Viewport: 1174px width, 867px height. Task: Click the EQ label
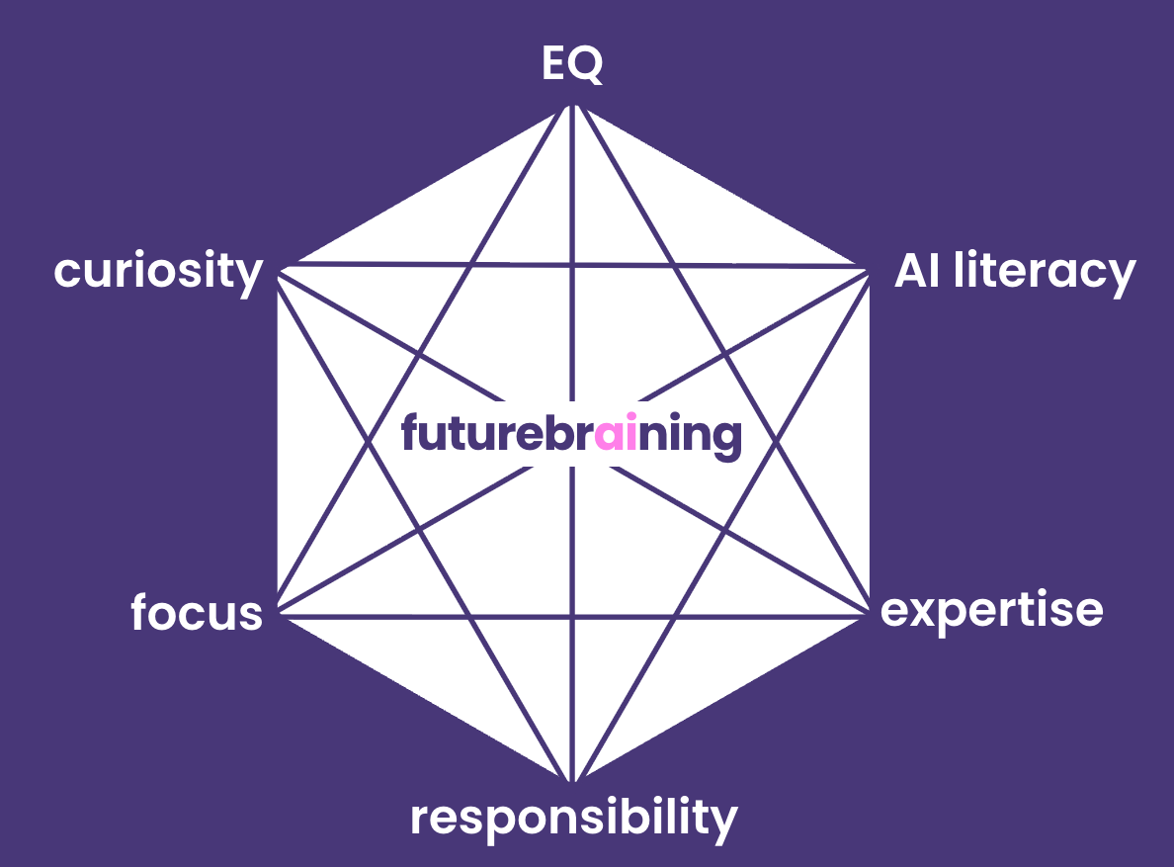point(571,65)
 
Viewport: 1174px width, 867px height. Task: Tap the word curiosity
point(158,271)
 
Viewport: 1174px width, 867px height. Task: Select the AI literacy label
point(1015,272)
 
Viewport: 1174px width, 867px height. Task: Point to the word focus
point(197,613)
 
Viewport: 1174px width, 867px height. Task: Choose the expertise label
point(991,611)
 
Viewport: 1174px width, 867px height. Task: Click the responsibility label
point(574,819)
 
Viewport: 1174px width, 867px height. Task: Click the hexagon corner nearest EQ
point(571,103)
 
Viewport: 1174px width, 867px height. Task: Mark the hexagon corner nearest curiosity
point(281,268)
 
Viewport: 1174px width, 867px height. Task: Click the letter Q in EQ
point(586,65)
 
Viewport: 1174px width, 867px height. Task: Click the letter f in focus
point(140,612)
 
